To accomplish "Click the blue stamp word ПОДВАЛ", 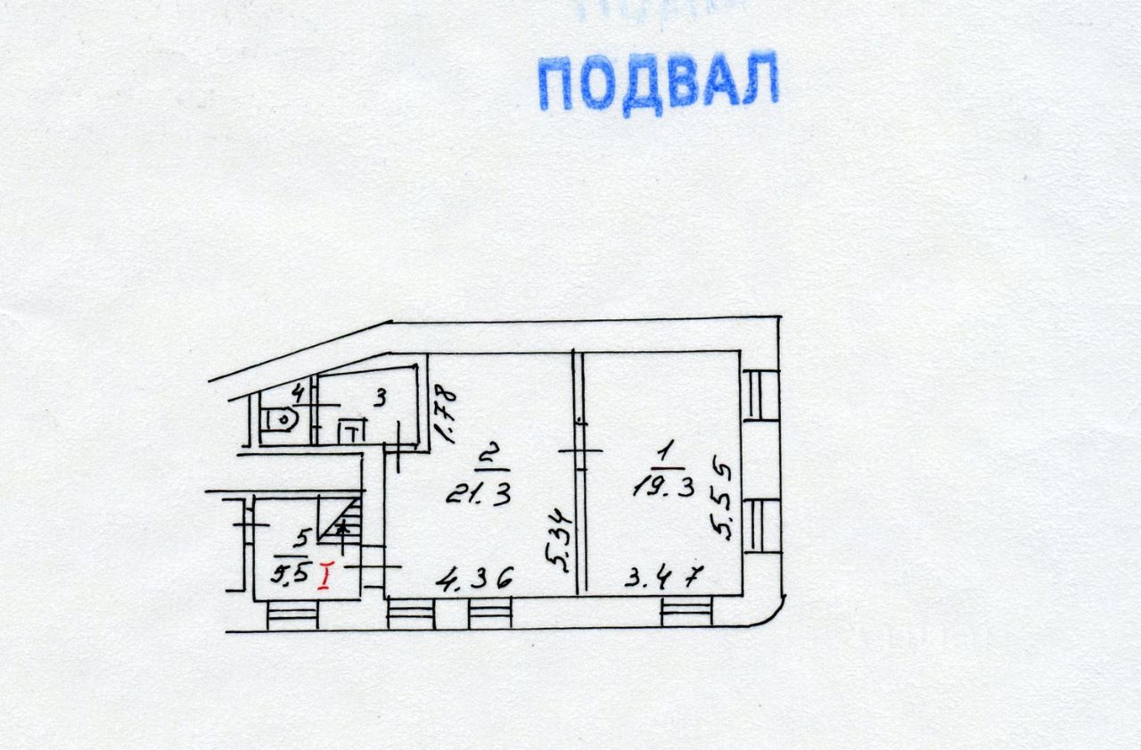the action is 658,82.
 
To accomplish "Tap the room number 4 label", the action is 299,391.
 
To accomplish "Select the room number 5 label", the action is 301,538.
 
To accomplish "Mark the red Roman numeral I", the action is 325,576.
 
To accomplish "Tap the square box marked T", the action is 353,433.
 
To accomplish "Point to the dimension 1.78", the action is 445,413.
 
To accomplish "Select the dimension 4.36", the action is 474,580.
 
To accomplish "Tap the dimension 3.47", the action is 664,579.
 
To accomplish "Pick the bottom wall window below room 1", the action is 686,611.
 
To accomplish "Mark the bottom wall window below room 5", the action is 291,615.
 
